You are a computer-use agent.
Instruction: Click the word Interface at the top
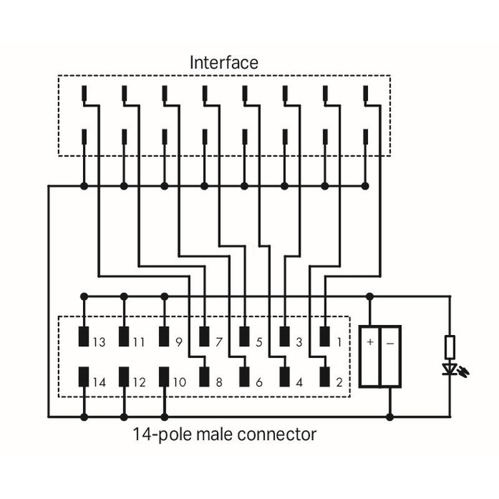click(223, 62)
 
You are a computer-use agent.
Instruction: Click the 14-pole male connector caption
click(224, 434)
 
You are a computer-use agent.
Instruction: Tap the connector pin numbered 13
click(84, 337)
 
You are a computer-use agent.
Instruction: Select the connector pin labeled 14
click(84, 377)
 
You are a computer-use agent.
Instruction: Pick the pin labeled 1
click(324, 337)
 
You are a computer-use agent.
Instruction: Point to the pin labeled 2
click(324, 377)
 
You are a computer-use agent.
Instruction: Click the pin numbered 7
click(204, 337)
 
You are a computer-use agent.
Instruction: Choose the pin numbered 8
click(204, 377)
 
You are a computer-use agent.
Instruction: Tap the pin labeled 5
click(244, 337)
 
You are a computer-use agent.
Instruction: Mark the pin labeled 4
click(284, 377)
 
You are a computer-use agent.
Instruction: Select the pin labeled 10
click(164, 377)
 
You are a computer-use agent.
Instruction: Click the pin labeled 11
click(124, 337)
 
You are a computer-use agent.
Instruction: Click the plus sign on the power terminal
click(370, 342)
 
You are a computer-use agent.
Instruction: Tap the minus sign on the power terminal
click(390, 342)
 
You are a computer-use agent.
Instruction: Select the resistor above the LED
click(450, 346)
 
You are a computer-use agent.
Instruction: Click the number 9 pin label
click(178, 342)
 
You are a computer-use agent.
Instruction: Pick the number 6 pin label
click(259, 382)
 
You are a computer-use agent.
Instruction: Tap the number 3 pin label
click(299, 342)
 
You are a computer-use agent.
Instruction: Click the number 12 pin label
click(138, 382)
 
